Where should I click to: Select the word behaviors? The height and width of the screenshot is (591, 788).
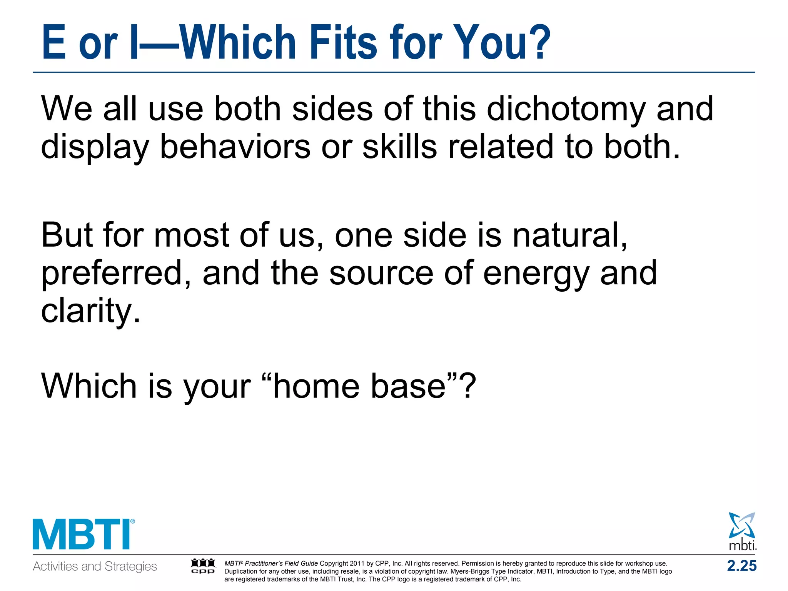pos(235,147)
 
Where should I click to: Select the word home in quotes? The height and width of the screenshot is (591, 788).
pos(316,386)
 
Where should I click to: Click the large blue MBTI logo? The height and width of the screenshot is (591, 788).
pos(83,535)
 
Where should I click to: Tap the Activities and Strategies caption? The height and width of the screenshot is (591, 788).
pos(95,566)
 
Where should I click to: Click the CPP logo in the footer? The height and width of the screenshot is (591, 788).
pos(203,566)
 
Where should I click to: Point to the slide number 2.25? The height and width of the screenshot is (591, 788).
pos(741,566)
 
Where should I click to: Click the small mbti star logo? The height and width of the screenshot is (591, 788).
pos(742,531)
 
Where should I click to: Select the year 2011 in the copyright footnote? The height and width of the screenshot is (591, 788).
pos(357,564)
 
